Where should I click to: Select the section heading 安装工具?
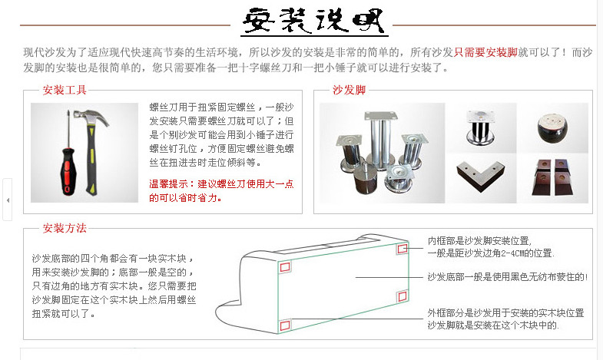coord(65,89)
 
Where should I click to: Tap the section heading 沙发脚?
coord(349,89)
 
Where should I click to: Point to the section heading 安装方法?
coord(65,228)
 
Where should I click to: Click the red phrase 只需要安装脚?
coord(485,53)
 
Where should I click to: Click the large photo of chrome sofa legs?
coord(381,157)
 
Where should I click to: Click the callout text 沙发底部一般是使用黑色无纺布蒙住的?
coord(506,276)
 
